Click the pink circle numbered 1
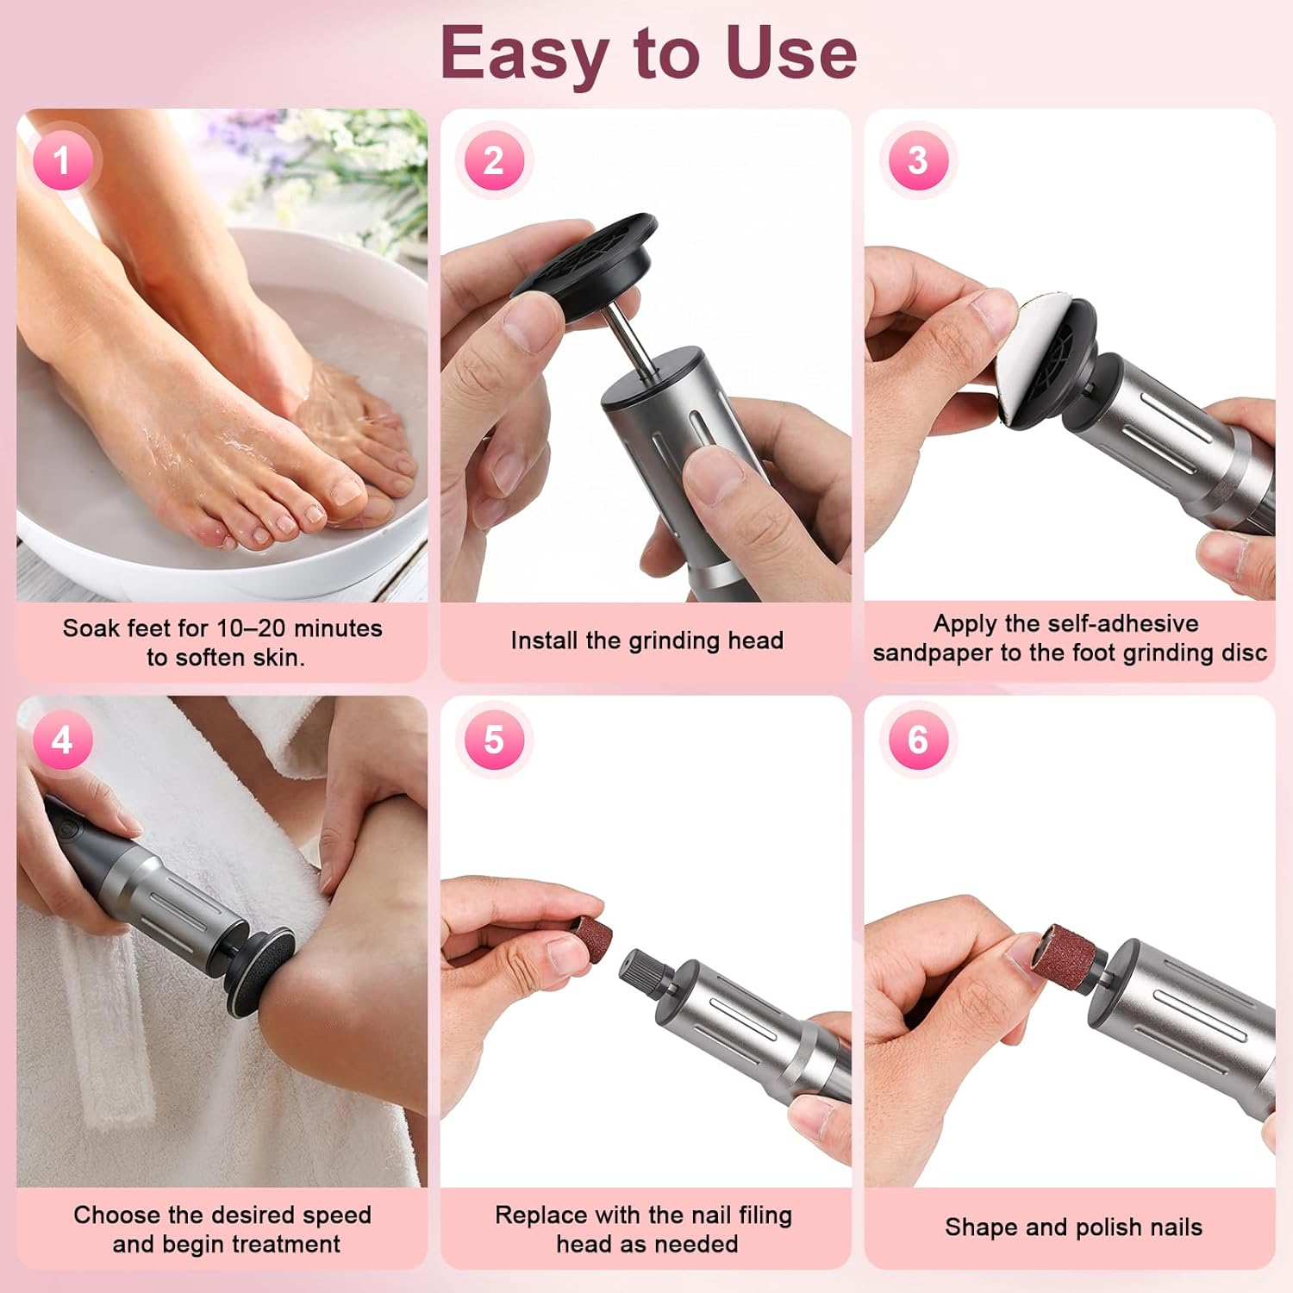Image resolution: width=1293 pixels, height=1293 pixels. pyautogui.click(x=61, y=160)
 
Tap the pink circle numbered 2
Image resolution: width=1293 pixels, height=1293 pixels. pyautogui.click(x=494, y=160)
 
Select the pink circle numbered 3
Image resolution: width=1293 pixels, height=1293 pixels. pyautogui.click(x=918, y=160)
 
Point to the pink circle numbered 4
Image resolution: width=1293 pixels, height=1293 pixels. pyautogui.click(x=61, y=740)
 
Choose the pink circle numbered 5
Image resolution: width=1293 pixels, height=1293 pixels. pyautogui.click(x=494, y=740)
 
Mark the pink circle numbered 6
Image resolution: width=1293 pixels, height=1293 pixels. pyautogui.click(x=918, y=740)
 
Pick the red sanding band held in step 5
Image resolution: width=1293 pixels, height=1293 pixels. pyautogui.click(x=590, y=934)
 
